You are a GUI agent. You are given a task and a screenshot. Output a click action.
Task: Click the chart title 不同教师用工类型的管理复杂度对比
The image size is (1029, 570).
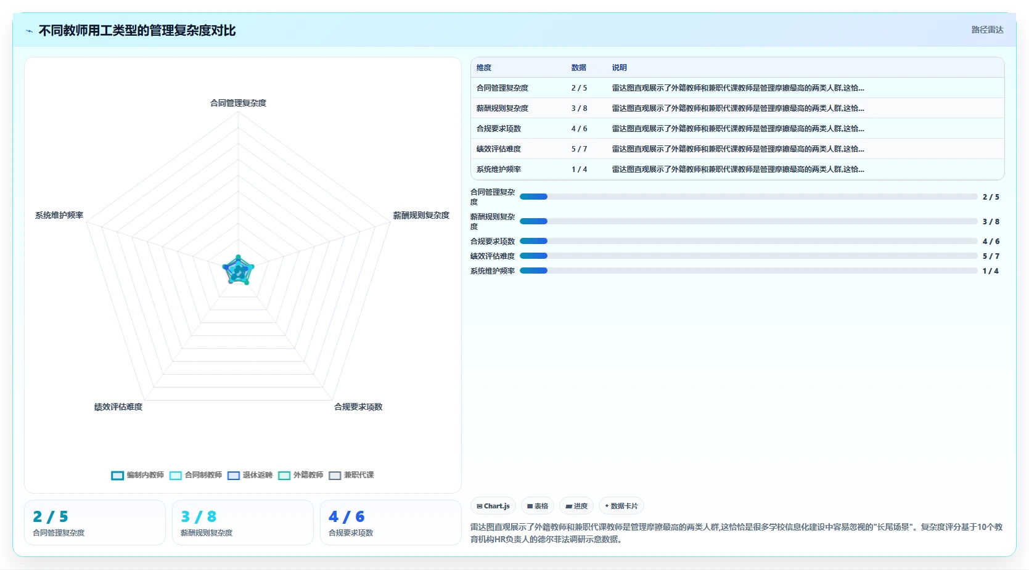[x=137, y=30]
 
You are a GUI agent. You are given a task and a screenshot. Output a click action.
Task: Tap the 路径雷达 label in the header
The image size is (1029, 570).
[x=987, y=30]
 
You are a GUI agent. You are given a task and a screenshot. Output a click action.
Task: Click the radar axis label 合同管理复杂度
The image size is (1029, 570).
[x=238, y=103]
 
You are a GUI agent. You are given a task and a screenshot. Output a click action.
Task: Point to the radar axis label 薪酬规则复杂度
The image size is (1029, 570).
[x=421, y=215]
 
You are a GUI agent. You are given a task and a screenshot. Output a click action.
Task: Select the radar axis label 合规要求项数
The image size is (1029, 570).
[x=358, y=407]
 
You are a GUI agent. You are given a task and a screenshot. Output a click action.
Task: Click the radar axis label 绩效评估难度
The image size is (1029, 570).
[x=118, y=407]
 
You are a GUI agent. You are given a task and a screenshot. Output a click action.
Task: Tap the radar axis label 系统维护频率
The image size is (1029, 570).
[x=59, y=215]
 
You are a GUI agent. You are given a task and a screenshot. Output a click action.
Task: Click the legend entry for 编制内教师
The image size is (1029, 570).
[x=137, y=475]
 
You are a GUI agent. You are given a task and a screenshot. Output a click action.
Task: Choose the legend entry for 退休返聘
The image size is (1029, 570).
[x=250, y=475]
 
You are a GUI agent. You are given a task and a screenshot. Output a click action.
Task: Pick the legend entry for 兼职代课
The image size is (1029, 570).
[x=351, y=475]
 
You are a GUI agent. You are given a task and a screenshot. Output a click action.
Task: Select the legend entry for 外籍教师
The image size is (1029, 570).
[x=300, y=475]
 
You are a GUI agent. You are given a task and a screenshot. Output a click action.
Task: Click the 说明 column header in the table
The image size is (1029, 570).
[x=619, y=68]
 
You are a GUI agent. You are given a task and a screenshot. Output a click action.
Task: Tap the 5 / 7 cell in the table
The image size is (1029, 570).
[x=580, y=149]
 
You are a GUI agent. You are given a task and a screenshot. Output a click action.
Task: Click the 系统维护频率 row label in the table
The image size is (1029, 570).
[x=498, y=169]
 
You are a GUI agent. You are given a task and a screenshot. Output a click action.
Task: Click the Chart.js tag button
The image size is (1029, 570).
[x=493, y=506]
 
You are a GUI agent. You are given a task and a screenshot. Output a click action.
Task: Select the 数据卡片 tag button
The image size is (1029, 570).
[x=621, y=506]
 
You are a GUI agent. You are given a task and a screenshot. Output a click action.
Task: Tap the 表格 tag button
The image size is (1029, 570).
[x=537, y=506]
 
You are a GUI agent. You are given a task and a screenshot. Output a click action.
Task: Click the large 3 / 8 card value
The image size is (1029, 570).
[x=199, y=517]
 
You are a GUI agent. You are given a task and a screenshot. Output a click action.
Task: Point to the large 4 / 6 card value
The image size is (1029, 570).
[x=346, y=517]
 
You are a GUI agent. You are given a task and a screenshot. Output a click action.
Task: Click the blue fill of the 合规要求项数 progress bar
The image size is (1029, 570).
[x=533, y=241]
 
